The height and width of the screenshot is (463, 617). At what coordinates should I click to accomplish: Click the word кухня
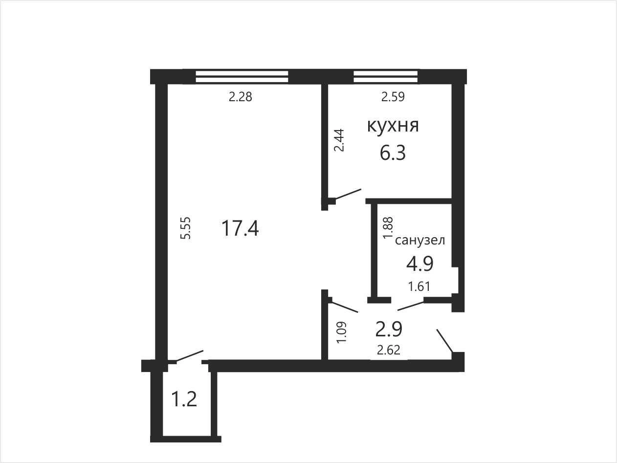click(393, 126)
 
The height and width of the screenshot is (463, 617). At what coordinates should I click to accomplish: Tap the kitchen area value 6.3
click(393, 154)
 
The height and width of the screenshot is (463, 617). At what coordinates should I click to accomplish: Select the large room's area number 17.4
click(240, 228)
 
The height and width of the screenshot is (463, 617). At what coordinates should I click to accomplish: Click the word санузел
click(420, 241)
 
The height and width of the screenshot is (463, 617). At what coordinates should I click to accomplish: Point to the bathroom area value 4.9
click(420, 264)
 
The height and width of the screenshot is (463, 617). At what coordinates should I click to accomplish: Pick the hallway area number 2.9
click(389, 329)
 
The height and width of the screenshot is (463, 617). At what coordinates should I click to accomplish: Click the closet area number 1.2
click(184, 400)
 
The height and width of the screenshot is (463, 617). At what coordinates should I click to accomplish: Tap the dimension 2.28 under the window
click(241, 97)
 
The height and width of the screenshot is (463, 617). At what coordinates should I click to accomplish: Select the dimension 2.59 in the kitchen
click(393, 97)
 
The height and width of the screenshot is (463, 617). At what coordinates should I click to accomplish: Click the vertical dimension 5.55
click(186, 228)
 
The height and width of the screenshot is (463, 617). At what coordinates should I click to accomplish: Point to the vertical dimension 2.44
click(339, 140)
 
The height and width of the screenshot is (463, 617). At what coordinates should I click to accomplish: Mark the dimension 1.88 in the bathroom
click(388, 228)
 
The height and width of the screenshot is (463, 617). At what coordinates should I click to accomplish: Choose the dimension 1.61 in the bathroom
click(419, 287)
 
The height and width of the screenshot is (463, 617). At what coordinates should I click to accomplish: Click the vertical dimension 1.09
click(342, 332)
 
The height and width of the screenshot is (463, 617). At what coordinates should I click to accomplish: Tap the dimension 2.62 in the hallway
click(389, 350)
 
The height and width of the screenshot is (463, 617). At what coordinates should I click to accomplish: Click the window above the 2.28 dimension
click(242, 76)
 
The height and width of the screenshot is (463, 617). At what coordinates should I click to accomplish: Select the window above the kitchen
click(386, 76)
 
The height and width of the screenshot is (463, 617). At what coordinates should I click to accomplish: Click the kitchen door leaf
click(348, 194)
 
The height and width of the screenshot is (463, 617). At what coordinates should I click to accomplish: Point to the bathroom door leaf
click(411, 306)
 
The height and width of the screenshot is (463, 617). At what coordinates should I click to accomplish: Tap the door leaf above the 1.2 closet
click(190, 355)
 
